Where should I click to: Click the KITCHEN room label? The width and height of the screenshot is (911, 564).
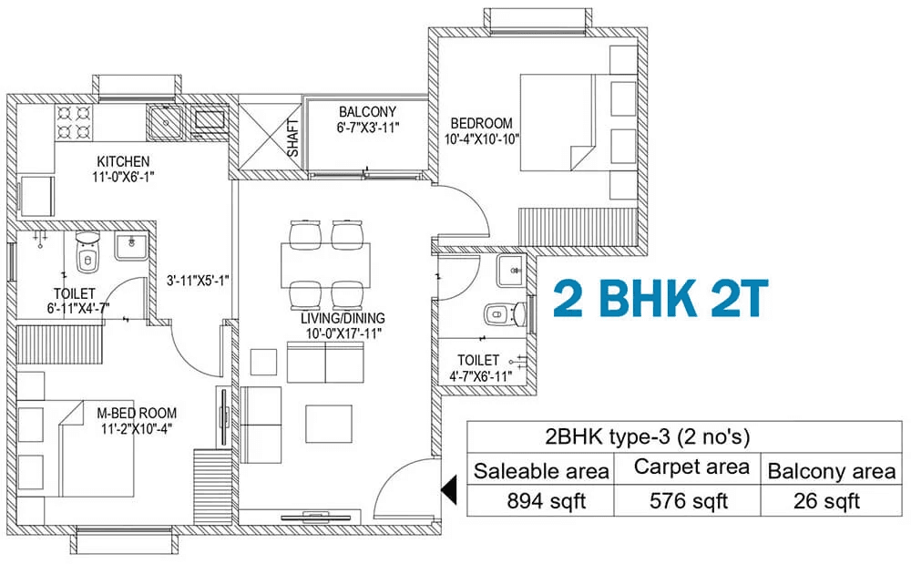pyautogui.click(x=123, y=161)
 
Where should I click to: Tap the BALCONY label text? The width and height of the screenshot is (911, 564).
pyautogui.click(x=367, y=111)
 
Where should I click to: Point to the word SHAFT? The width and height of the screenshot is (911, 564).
pyautogui.click(x=293, y=138)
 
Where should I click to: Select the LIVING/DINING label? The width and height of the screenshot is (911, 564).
pyautogui.click(x=343, y=318)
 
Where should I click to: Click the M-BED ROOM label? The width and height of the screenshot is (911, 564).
pyautogui.click(x=137, y=414)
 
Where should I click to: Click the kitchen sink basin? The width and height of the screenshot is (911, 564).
pyautogui.click(x=166, y=122)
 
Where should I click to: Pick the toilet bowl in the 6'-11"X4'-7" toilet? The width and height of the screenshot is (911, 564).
pyautogui.click(x=87, y=254)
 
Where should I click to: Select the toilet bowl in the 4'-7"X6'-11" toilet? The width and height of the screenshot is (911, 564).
pyautogui.click(x=504, y=314)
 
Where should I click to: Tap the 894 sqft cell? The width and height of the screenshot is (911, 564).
pyautogui.click(x=546, y=501)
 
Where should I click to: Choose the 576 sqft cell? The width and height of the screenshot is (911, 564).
pyautogui.click(x=689, y=501)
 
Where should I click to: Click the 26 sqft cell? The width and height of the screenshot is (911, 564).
pyautogui.click(x=827, y=501)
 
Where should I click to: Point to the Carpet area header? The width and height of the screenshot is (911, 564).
pyautogui.click(x=691, y=467)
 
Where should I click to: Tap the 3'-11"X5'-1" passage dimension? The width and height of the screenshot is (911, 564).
pyautogui.click(x=198, y=281)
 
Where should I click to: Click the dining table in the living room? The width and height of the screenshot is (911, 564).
pyautogui.click(x=325, y=265)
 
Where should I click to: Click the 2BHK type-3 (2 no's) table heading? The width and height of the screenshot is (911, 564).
pyautogui.click(x=647, y=436)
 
